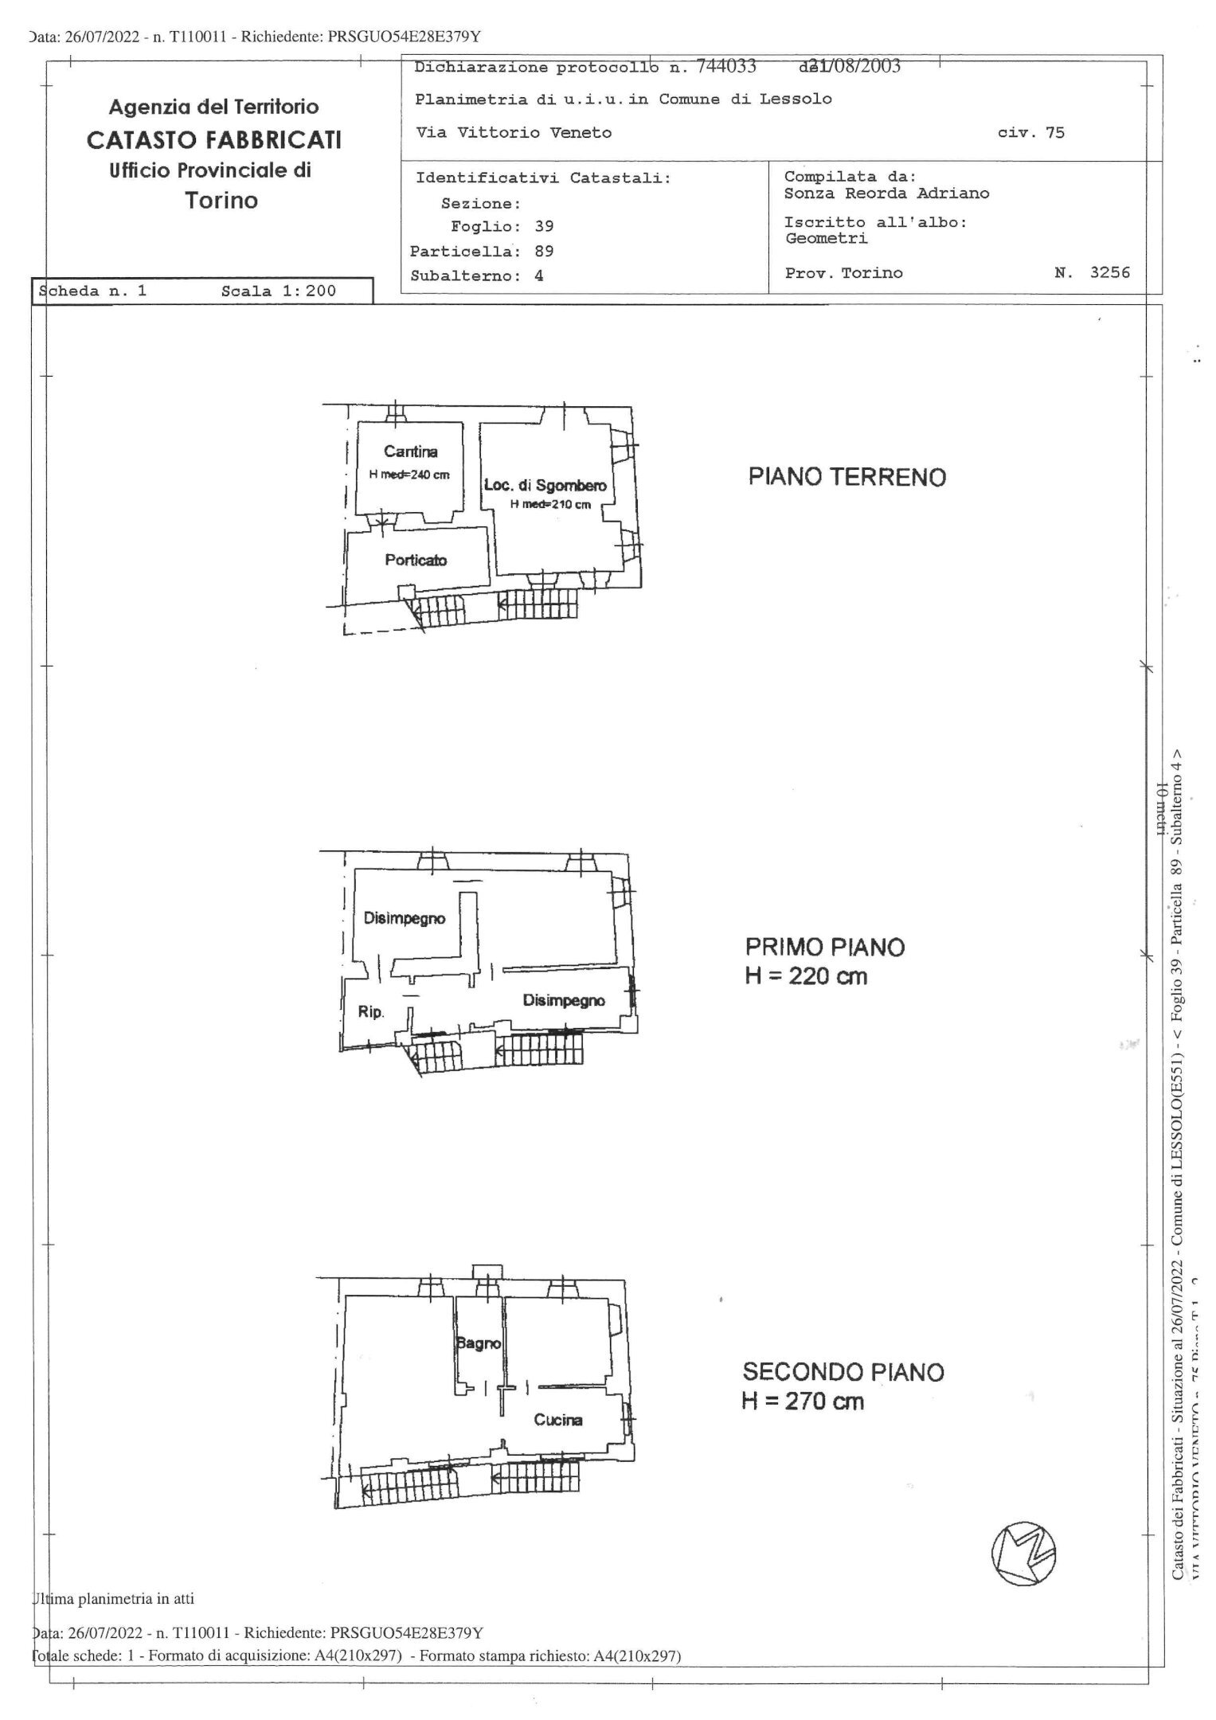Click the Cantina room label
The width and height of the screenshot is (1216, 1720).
tap(410, 451)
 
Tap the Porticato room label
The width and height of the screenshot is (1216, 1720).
tap(416, 560)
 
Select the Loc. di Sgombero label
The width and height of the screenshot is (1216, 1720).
tap(545, 485)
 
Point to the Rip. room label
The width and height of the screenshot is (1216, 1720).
tap(371, 1012)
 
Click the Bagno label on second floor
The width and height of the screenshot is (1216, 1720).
tap(479, 1343)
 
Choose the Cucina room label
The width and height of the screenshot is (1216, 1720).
tap(557, 1419)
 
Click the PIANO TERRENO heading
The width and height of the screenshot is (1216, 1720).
tap(847, 477)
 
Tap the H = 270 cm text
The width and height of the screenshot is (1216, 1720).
tap(802, 1401)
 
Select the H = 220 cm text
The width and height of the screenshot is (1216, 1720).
tap(805, 975)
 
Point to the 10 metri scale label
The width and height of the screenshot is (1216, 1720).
tap(1162, 808)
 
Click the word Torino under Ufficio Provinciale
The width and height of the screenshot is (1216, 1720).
tap(221, 200)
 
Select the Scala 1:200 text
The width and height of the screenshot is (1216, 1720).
tap(278, 291)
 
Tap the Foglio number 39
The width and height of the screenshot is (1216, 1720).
tap(544, 226)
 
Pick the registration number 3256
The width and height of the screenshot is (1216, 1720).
tap(1109, 272)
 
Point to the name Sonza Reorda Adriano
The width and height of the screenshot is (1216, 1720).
tap(886, 193)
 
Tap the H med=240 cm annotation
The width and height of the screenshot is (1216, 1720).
tap(409, 475)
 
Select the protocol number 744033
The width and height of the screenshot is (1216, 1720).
tap(726, 67)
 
